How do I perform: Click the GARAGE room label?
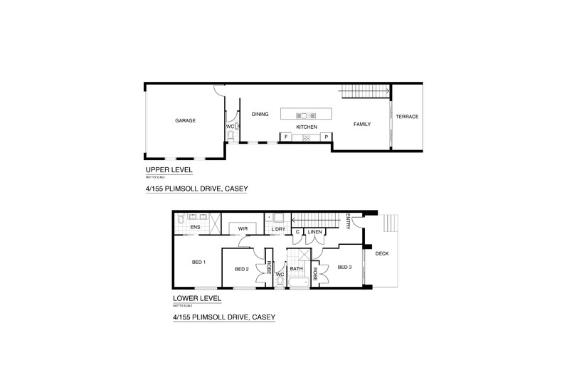click(x=185, y=120)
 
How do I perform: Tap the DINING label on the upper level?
click(x=260, y=114)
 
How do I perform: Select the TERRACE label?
click(x=407, y=117)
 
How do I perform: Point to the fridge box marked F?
click(x=286, y=136)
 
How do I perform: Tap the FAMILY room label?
click(x=363, y=124)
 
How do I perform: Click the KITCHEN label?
click(x=307, y=127)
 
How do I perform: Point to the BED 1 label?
click(x=198, y=262)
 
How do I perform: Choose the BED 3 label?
click(x=344, y=267)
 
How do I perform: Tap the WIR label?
click(x=242, y=228)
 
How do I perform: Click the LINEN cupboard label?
click(x=316, y=232)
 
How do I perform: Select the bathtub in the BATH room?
click(x=297, y=282)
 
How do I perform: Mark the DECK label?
click(x=381, y=253)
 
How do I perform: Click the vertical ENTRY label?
click(x=349, y=221)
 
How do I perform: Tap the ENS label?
click(x=194, y=228)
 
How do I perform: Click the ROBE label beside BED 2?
click(x=269, y=268)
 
